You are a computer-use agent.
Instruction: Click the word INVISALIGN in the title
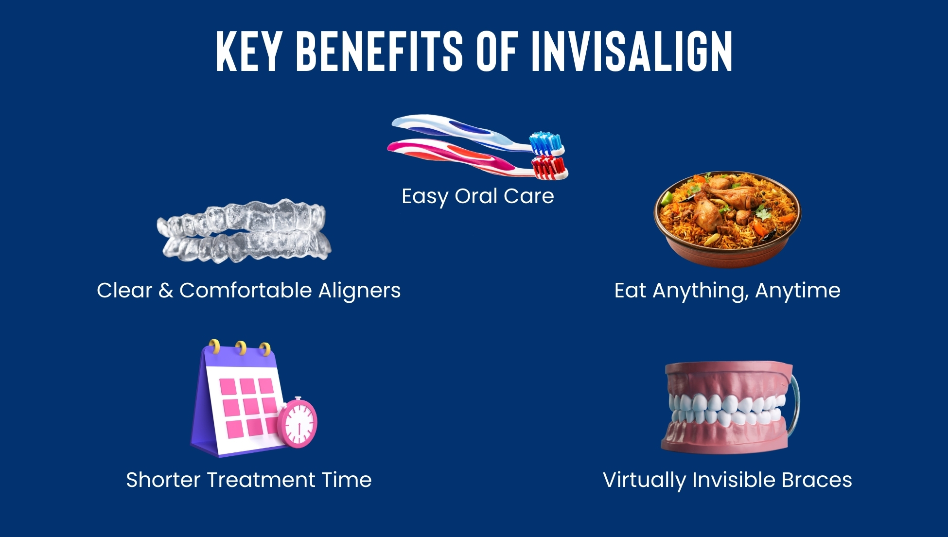click(x=632, y=51)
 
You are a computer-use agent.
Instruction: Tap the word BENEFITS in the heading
click(x=379, y=51)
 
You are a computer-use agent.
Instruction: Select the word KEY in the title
click(x=249, y=51)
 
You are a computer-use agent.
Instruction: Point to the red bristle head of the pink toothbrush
click(x=550, y=168)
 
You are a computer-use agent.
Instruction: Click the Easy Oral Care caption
click(x=478, y=196)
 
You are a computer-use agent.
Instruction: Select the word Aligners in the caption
click(x=359, y=291)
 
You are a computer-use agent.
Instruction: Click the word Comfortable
click(x=246, y=290)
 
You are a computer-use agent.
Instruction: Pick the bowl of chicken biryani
click(x=727, y=219)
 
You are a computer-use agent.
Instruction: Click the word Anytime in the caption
click(x=798, y=291)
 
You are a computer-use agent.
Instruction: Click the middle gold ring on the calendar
click(x=240, y=348)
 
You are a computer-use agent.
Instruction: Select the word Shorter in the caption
click(x=163, y=480)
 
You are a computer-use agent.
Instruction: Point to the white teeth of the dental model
click(x=727, y=409)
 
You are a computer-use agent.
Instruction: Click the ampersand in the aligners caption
click(x=166, y=291)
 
